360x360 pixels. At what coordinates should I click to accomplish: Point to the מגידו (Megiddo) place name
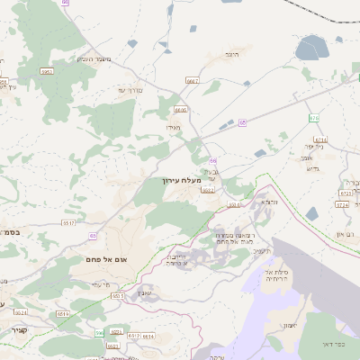[174, 129]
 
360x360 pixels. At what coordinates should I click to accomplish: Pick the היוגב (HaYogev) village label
[230, 55]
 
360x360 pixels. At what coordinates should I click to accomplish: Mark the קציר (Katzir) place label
[18, 330]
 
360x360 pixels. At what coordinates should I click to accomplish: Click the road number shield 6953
[47, 71]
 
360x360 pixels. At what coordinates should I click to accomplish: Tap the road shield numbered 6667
[192, 81]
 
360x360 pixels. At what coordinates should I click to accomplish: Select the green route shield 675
[313, 118]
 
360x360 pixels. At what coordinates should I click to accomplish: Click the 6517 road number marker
[68, 222]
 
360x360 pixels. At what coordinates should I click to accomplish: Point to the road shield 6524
[22, 312]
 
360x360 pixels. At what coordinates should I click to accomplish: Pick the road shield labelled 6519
[63, 314]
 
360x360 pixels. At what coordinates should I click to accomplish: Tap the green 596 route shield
[100, 334]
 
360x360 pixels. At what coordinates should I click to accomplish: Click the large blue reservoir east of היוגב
[312, 47]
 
